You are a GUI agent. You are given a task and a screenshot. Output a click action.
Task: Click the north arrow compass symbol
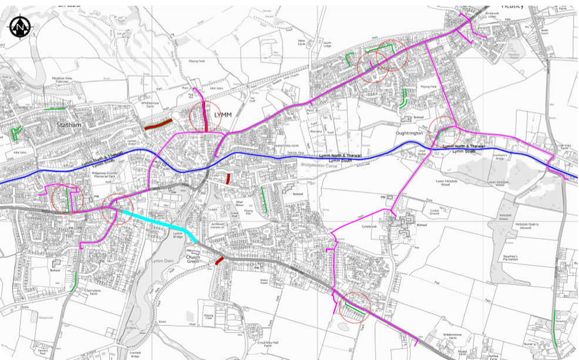tap(22, 26)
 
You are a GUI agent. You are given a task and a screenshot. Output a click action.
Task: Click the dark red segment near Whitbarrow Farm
tap(159, 124)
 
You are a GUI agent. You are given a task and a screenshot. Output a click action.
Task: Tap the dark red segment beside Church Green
tap(219, 260)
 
